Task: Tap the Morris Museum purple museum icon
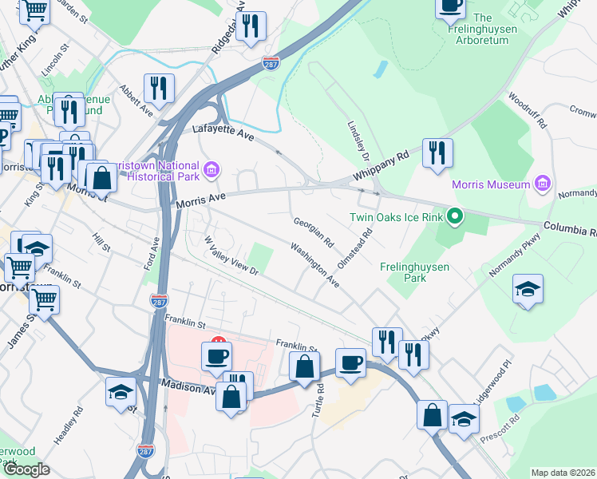tap(542, 184)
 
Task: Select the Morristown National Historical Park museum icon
tap(211, 168)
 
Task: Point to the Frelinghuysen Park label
tap(414, 272)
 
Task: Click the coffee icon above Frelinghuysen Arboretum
tap(449, 6)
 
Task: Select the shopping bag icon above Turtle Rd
tap(304, 368)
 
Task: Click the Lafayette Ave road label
tap(223, 133)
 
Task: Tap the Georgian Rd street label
tap(313, 232)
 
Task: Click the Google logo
tap(26, 469)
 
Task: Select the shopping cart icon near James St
tap(44, 301)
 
